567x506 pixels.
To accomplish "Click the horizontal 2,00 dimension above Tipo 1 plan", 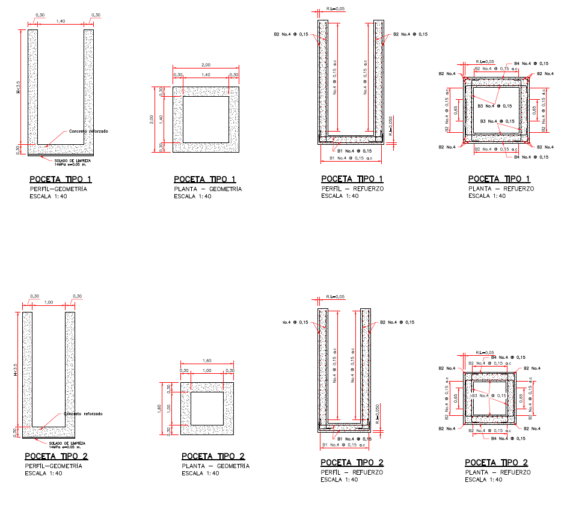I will point(206,64).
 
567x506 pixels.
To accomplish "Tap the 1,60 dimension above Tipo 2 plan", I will point(207,361).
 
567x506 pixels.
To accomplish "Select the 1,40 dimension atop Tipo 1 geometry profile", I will point(61,21).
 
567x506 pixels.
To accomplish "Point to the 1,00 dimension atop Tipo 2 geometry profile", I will point(49,302).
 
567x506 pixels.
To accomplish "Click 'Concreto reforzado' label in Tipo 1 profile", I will point(88,130).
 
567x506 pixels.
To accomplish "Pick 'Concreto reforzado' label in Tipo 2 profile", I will point(84,414).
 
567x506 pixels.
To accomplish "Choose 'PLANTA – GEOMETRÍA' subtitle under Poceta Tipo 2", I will point(215,466).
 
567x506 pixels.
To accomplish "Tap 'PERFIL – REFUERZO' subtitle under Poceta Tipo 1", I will point(352,189).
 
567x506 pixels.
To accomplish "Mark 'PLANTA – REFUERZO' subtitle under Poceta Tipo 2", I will point(498,472).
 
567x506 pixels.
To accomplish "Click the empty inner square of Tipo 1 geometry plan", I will point(205,119).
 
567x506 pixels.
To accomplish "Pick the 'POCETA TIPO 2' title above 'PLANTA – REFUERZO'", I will point(496,462).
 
